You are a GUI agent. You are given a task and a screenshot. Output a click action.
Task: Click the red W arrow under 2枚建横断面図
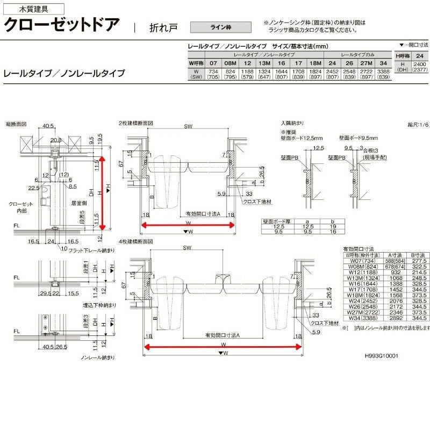pos(188,225)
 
